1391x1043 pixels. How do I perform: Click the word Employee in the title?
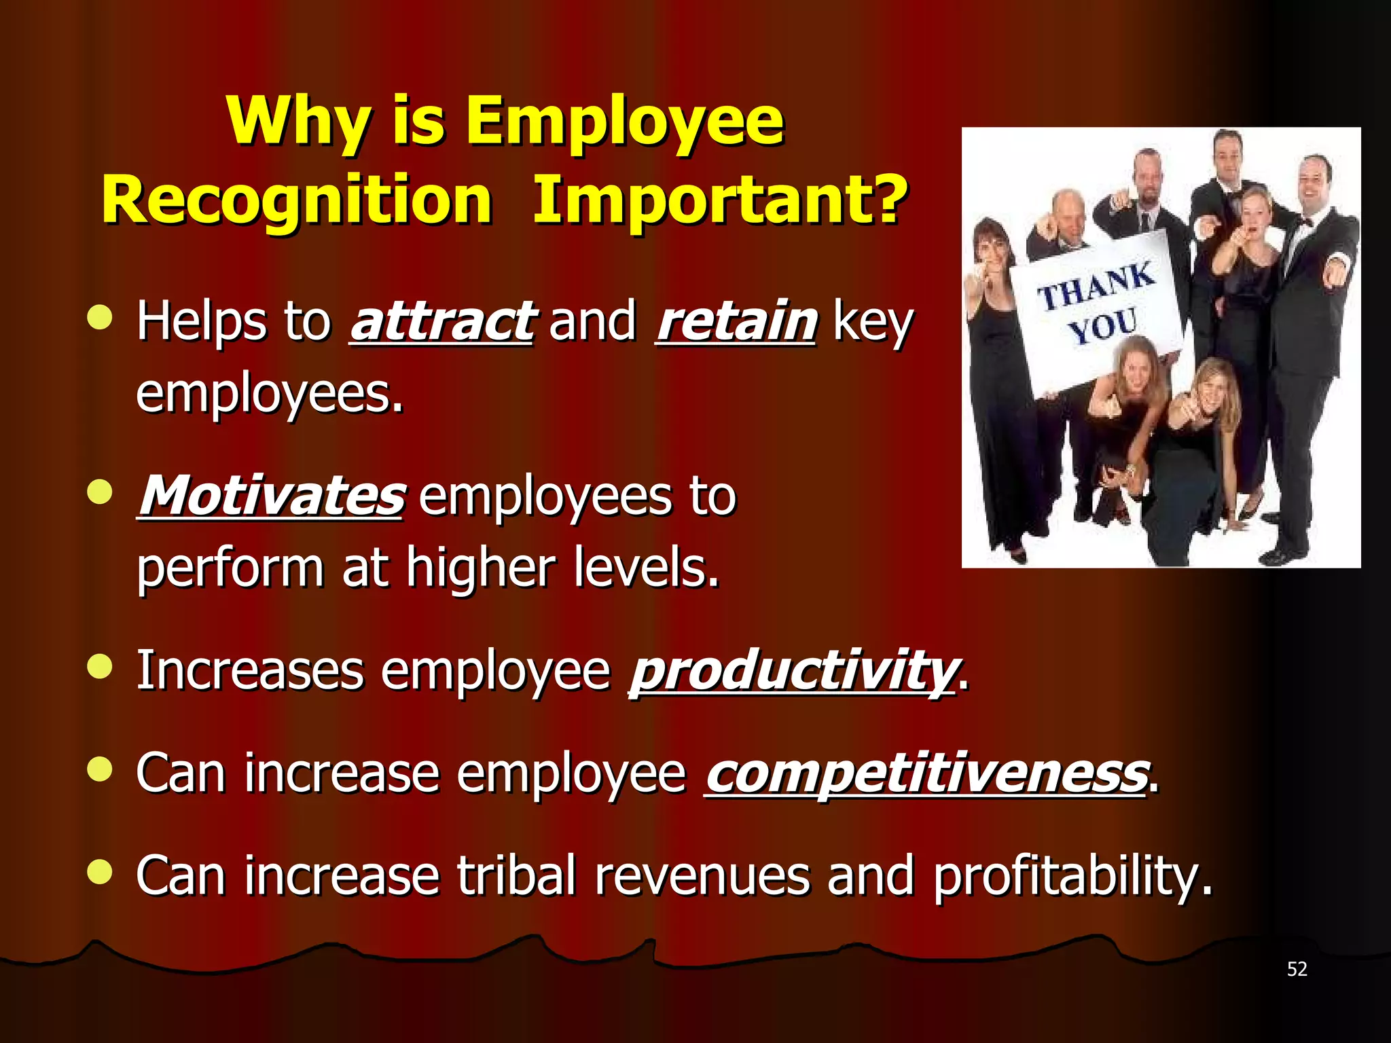[625, 122]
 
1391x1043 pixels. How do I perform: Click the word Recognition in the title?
[297, 200]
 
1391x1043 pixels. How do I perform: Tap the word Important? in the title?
[720, 200]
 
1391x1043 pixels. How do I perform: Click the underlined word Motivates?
[272, 496]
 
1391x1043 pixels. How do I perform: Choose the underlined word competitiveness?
[926, 773]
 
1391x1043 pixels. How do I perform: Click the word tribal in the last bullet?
[516, 875]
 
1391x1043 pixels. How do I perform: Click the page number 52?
[1297, 969]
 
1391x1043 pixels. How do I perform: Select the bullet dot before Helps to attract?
[100, 317]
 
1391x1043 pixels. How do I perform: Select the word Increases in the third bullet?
[250, 671]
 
